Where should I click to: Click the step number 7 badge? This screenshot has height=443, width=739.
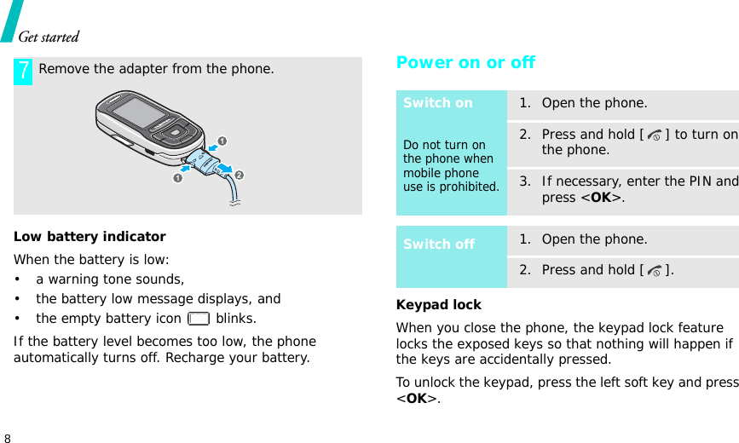tap(23, 71)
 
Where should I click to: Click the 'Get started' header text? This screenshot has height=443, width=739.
tap(49, 37)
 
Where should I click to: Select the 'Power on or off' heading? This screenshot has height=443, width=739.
tap(465, 62)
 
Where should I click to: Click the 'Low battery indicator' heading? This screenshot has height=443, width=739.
tap(89, 236)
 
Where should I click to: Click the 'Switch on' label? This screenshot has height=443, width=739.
tap(437, 103)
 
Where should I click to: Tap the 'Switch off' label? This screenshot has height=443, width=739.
tap(439, 245)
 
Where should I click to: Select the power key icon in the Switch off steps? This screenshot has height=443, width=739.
tap(654, 271)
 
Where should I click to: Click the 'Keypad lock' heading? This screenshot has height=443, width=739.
tap(438, 304)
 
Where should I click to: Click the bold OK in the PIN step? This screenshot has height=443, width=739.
tap(600, 198)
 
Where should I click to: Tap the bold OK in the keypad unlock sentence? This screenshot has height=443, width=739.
tap(417, 399)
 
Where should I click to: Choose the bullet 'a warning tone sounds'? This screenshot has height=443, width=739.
tap(109, 279)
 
